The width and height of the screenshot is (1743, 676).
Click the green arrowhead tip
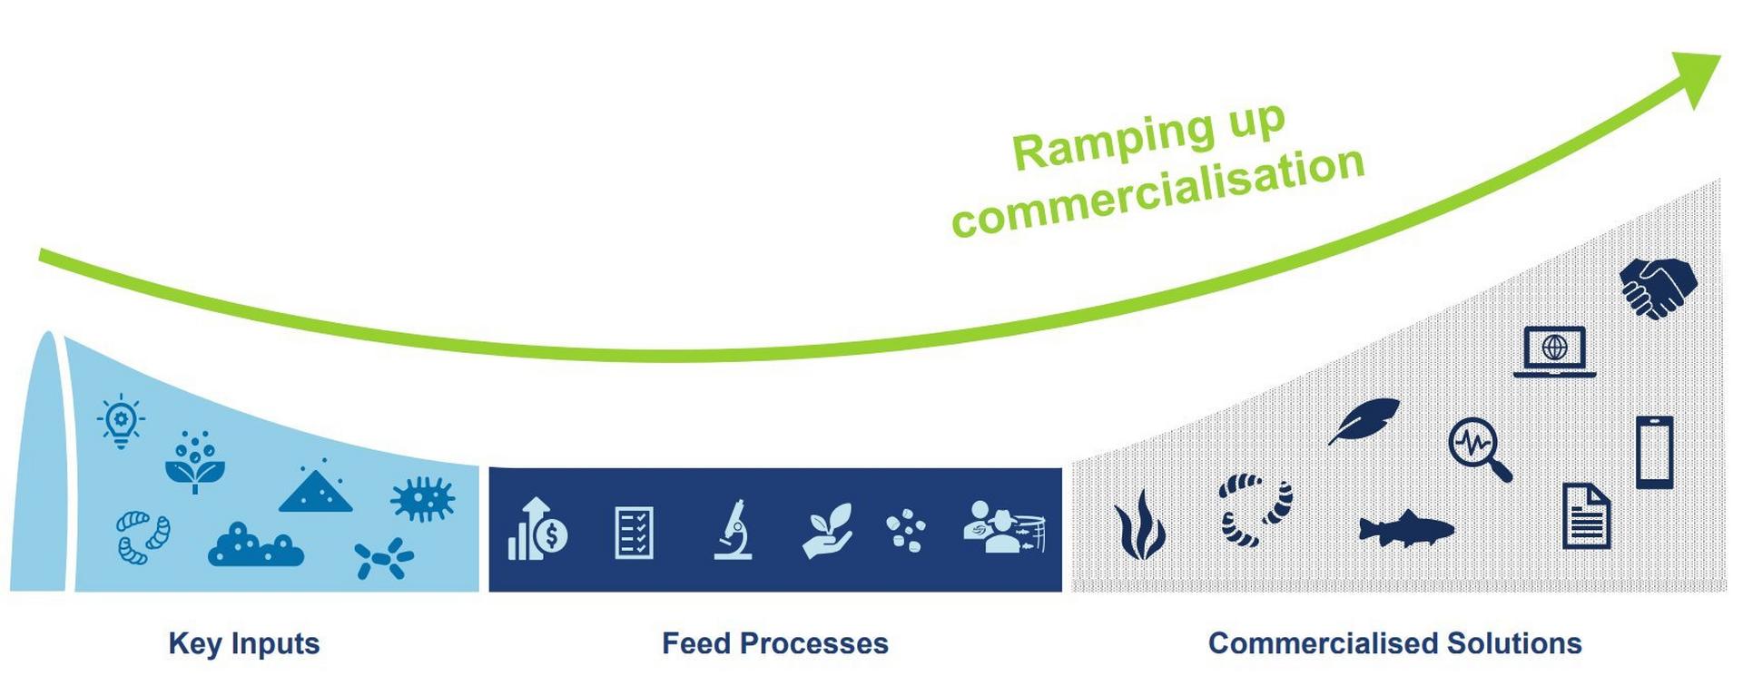1716,58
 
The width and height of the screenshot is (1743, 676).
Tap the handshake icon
1658,287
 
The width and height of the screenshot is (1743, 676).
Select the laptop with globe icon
1554,351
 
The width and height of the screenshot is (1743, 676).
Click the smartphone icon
1654,452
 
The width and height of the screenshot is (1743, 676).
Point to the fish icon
1404,529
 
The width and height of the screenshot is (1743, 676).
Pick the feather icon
1364,420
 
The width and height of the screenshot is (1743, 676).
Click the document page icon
1586,515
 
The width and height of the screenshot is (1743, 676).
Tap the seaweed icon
1139,525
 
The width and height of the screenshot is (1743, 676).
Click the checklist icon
634,532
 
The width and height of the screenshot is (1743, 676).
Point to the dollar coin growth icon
538,529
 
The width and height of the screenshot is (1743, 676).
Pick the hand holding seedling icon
828,530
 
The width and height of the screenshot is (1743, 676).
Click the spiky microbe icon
422,499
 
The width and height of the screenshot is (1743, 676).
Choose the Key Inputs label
243,643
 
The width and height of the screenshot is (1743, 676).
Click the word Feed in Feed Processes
695,643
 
